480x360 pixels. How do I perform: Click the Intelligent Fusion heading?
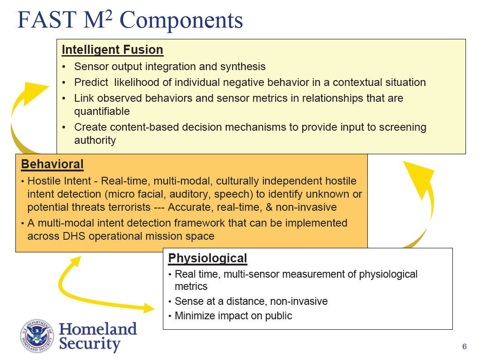point(112,50)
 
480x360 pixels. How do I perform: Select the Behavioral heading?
point(52,164)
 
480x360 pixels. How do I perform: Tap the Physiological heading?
point(207,258)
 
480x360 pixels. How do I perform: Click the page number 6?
point(464,347)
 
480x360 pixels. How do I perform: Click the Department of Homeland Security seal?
point(37,336)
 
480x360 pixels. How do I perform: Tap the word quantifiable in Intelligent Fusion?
point(102,111)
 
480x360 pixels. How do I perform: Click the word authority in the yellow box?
point(95,140)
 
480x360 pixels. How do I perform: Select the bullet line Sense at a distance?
point(251,301)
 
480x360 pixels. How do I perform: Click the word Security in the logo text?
point(90,344)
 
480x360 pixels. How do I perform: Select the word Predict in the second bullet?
point(90,82)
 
